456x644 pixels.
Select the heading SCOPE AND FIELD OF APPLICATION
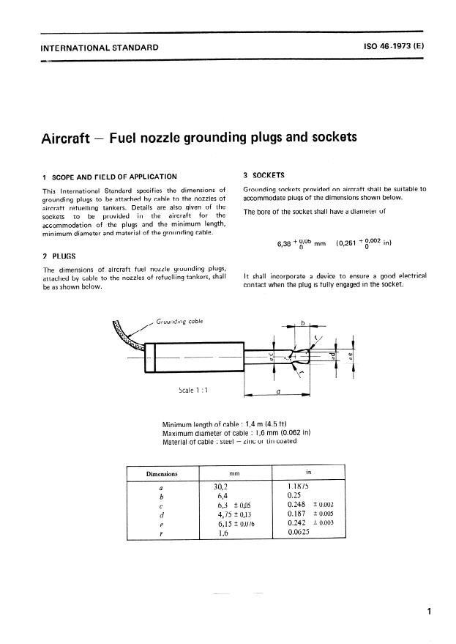(114, 177)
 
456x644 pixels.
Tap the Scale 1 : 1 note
(193, 390)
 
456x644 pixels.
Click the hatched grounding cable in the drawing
(128, 333)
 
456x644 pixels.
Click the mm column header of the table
(234, 475)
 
